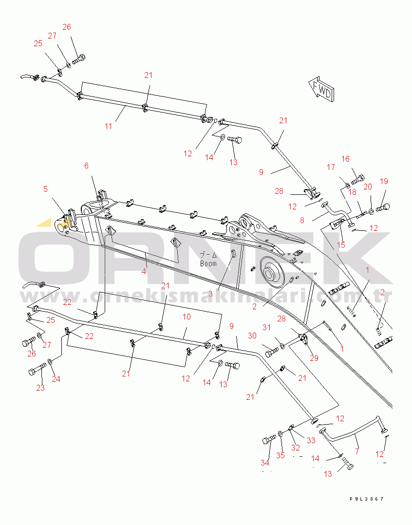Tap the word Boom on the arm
[x=208, y=264]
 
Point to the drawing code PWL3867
[x=367, y=499]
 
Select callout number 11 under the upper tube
[x=108, y=126]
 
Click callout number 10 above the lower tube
[x=187, y=317]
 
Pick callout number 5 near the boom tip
[x=45, y=189]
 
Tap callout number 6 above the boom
[x=86, y=166]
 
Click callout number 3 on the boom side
[x=210, y=294]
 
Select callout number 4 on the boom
[x=144, y=271]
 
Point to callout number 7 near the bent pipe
[x=357, y=451]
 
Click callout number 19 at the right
[x=384, y=181]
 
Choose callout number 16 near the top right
[x=345, y=159]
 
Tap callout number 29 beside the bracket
[x=314, y=358]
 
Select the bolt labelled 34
[x=269, y=439]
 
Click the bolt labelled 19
[x=383, y=207]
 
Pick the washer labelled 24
[x=50, y=361]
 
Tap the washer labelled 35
[x=281, y=433]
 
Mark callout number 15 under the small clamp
[x=341, y=245]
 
